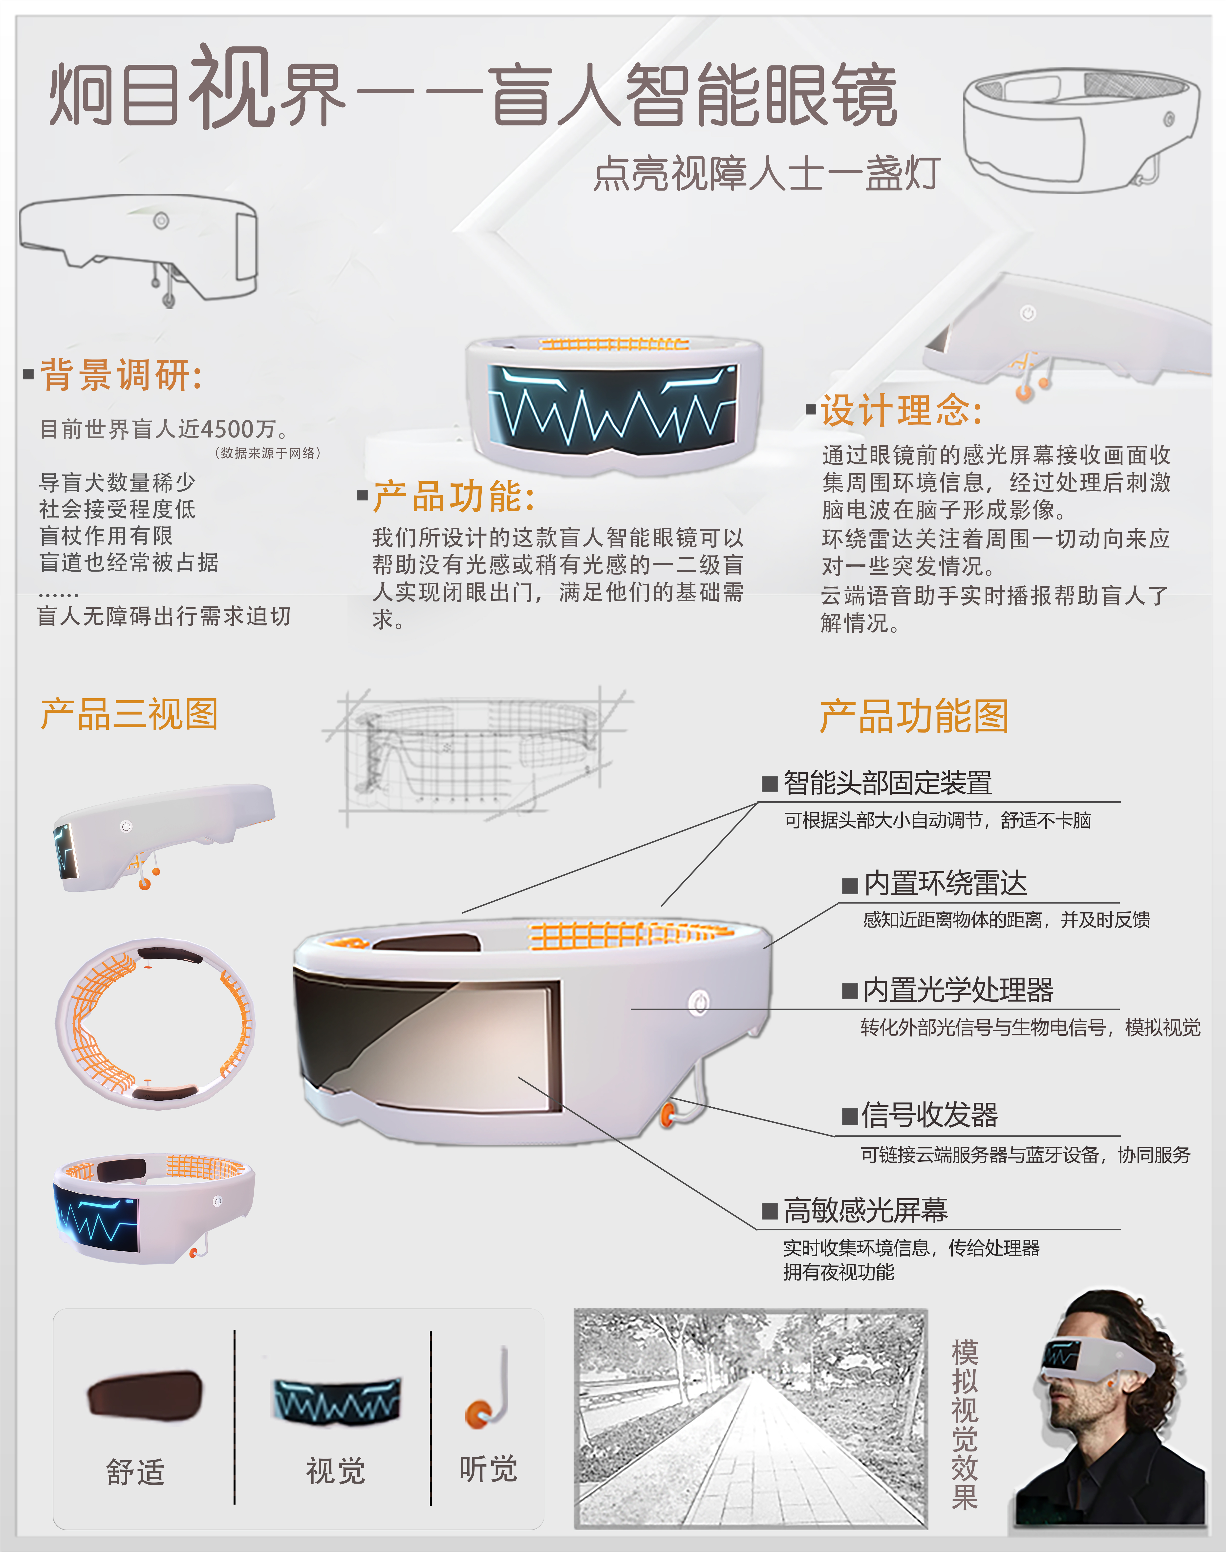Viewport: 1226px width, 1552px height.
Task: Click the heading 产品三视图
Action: pyautogui.click(x=129, y=715)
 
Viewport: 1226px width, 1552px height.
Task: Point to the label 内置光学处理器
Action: pyautogui.click(x=958, y=990)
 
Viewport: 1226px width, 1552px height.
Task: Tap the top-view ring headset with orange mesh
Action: pyautogui.click(x=155, y=1022)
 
